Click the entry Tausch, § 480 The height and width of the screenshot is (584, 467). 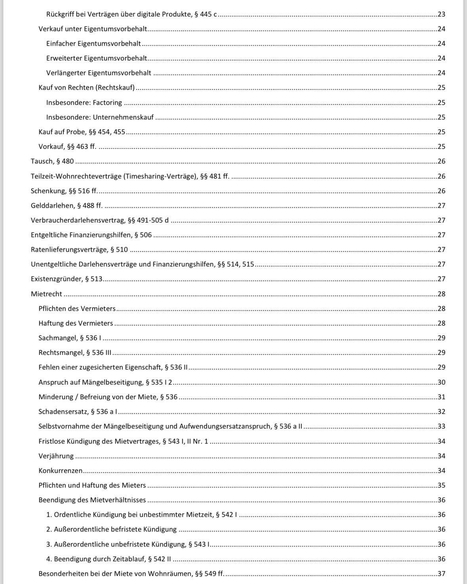(52, 161)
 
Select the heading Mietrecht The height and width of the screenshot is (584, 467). (46, 294)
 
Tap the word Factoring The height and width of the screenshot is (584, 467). (107, 103)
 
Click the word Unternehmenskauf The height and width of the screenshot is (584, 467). (123, 117)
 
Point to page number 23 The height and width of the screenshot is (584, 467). (441, 14)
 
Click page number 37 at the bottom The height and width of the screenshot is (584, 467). (441, 574)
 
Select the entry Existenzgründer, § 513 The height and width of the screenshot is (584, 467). (67, 279)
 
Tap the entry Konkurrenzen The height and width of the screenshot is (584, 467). (61, 471)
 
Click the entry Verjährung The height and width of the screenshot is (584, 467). (56, 456)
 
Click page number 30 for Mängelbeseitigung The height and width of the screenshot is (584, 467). (441, 382)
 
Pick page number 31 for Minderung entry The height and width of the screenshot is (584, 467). (441, 397)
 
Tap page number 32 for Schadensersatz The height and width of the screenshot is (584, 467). (441, 412)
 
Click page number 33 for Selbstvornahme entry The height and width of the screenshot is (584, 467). (441, 426)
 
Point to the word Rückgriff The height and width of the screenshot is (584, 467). (61, 14)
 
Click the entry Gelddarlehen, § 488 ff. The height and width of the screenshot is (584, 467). (67, 206)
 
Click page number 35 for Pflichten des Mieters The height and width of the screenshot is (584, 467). (441, 485)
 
